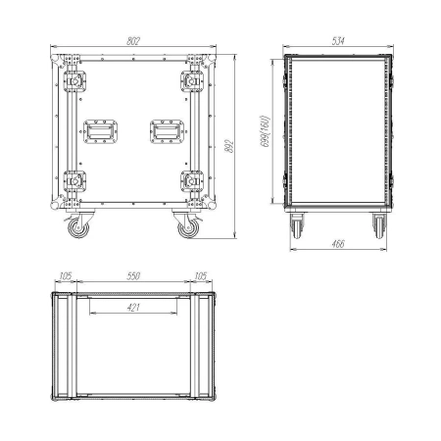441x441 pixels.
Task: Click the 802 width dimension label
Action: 133,41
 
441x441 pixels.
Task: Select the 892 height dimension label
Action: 229,146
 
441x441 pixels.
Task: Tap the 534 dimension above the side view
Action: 338,41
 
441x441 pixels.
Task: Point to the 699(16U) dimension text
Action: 266,131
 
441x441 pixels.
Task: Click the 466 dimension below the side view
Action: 338,244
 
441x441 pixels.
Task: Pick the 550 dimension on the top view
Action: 133,276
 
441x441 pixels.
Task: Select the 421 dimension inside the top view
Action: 133,307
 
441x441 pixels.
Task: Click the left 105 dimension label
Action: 66,276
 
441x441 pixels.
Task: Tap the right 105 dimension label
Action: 201,276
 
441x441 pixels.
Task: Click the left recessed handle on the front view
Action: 100,131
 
